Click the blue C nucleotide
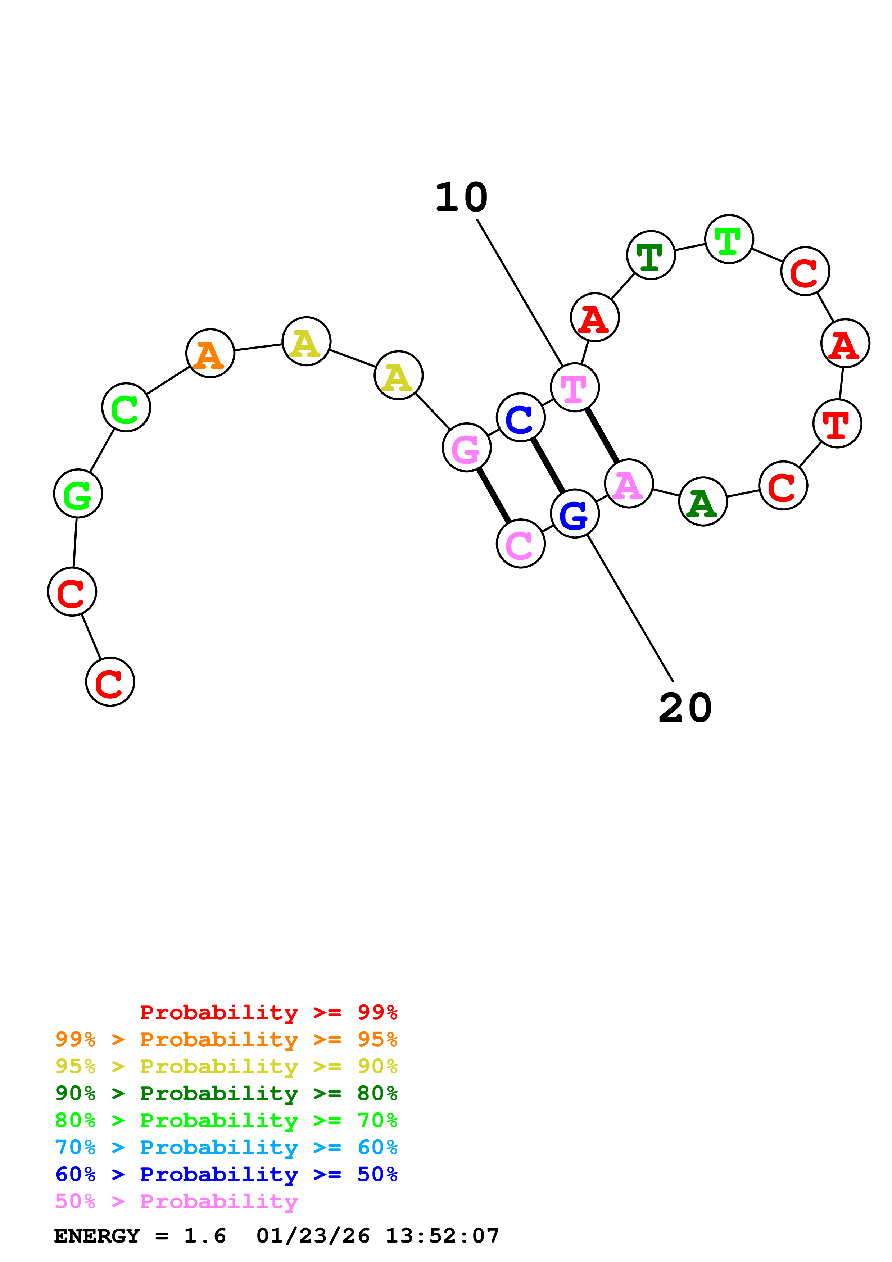click(x=520, y=418)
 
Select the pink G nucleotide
click(x=467, y=448)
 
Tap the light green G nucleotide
click(x=78, y=494)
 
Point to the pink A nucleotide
click(x=628, y=484)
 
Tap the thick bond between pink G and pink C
click(x=494, y=495)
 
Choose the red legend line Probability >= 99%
click(x=268, y=1012)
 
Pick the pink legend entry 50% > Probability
click(x=176, y=1201)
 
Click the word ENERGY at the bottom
click(x=97, y=1236)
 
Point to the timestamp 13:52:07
click(x=442, y=1236)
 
